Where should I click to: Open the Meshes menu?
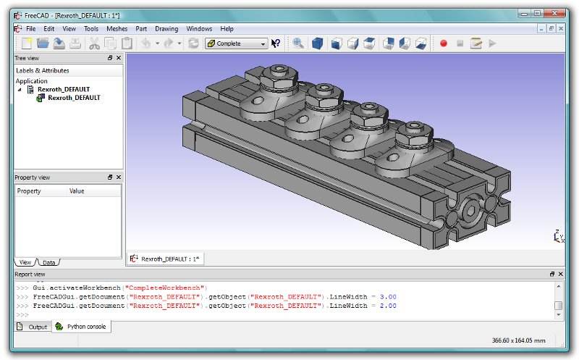(117, 29)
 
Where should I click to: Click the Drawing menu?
(166, 29)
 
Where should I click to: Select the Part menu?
(141, 29)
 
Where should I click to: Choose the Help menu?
(227, 29)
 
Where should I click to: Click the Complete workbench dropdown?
(237, 43)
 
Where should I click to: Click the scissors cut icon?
(95, 43)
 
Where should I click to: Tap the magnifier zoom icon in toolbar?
(298, 43)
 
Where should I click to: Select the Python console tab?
(81, 327)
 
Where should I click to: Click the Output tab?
(33, 327)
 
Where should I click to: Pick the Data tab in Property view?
(48, 262)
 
